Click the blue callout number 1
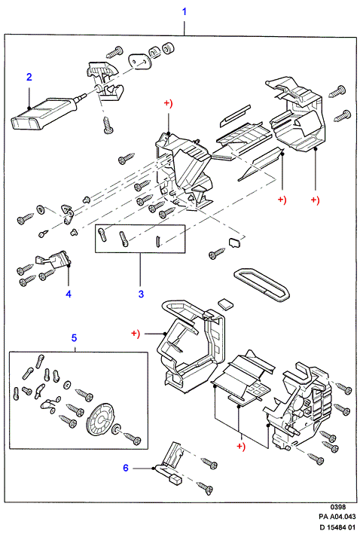(x=185, y=11)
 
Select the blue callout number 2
(x=29, y=77)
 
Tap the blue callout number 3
(x=141, y=294)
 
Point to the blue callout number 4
(x=69, y=294)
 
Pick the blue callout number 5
(x=75, y=338)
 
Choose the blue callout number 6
(x=126, y=468)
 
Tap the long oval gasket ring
(x=261, y=285)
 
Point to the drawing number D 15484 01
(x=337, y=527)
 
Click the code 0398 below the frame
(x=338, y=508)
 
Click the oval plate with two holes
(x=139, y=61)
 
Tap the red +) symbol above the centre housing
(x=169, y=103)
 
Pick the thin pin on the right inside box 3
(x=157, y=241)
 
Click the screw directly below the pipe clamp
(x=108, y=125)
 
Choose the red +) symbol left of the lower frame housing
(x=136, y=334)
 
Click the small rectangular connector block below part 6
(x=176, y=480)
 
